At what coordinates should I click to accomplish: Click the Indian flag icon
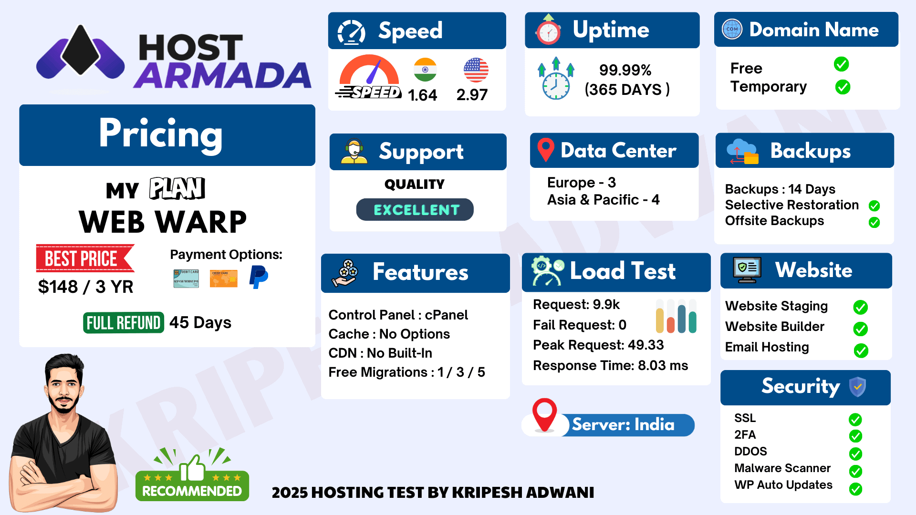pyautogui.click(x=425, y=70)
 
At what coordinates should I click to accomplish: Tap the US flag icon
pyautogui.click(x=476, y=70)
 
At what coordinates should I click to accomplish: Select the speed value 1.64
pyautogui.click(x=422, y=95)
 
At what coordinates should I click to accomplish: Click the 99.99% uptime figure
pyautogui.click(x=625, y=70)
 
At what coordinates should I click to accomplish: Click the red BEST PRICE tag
pyautogui.click(x=85, y=258)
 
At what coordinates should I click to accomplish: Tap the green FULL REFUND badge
pyautogui.click(x=124, y=323)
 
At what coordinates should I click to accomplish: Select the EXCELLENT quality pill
pyautogui.click(x=415, y=210)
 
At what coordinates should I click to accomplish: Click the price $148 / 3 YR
pyautogui.click(x=86, y=287)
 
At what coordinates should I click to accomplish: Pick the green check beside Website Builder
pyautogui.click(x=861, y=329)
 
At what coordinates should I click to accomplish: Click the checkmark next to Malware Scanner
pyautogui.click(x=855, y=471)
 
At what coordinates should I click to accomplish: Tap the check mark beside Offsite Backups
pyautogui.click(x=874, y=222)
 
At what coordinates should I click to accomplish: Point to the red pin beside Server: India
pyautogui.click(x=544, y=414)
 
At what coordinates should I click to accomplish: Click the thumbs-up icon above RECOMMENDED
pyautogui.click(x=192, y=468)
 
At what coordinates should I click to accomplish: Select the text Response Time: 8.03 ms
pyautogui.click(x=610, y=365)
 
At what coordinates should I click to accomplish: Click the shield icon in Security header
pyautogui.click(x=857, y=387)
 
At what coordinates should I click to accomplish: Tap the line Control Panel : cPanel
pyautogui.click(x=398, y=315)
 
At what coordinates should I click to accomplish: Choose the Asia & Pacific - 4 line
pyautogui.click(x=603, y=199)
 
